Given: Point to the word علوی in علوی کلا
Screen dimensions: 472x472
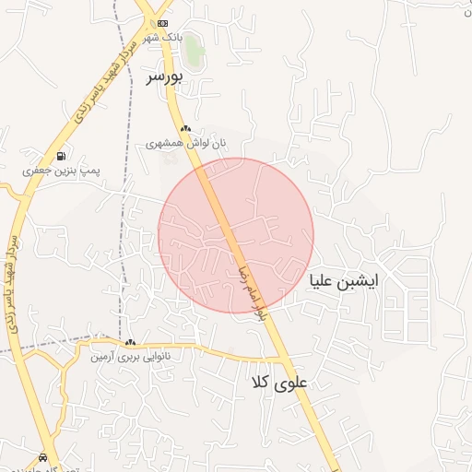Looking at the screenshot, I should pyautogui.click(x=296, y=381).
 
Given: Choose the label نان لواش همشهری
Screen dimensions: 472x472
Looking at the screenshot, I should pyautogui.click(x=185, y=144).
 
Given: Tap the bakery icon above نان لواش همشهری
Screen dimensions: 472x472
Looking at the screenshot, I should pyautogui.click(x=185, y=129).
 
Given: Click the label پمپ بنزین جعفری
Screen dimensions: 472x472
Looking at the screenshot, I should pyautogui.click(x=61, y=171).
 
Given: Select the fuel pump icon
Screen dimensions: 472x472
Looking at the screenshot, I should pyautogui.click(x=61, y=156).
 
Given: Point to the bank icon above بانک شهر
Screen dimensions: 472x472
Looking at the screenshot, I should pyautogui.click(x=163, y=23).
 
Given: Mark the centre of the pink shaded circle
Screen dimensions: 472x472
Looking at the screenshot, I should pyautogui.click(x=236, y=236).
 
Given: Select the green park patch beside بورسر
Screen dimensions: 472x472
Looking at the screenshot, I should pyautogui.click(x=193, y=50).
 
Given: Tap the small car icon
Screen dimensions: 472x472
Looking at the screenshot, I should pyautogui.click(x=43, y=457).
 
